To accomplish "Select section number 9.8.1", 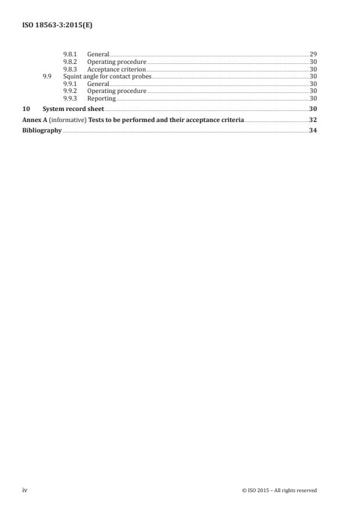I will pos(70,54).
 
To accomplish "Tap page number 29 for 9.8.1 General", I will pos(313,54).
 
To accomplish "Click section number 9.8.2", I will pos(70,62).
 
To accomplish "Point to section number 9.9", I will pos(48,76).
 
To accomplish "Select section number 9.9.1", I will pos(70,84).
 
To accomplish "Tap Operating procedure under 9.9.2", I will pos(117,91).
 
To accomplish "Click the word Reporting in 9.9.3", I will pos(102,98).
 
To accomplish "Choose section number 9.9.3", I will pos(70,98).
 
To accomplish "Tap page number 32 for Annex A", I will pos(313,120).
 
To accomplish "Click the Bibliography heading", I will pos(42,131).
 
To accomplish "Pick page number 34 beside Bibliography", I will pos(313,131).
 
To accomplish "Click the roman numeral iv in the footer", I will pos(24,490).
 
